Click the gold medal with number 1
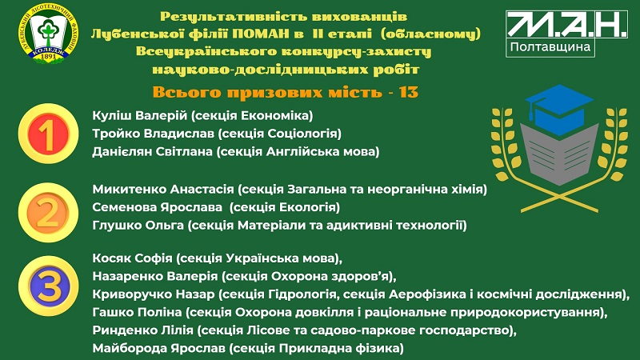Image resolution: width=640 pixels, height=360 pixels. click(x=48, y=133)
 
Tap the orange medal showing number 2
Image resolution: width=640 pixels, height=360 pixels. click(x=48, y=212)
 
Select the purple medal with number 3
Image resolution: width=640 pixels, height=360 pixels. click(x=48, y=286)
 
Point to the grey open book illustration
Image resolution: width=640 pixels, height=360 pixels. click(x=559, y=155)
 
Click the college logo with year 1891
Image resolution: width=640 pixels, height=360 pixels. click(x=48, y=34)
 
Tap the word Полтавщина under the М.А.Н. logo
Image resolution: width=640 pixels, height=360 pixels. click(x=550, y=47)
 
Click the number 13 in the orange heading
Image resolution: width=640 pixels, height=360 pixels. click(x=409, y=92)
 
